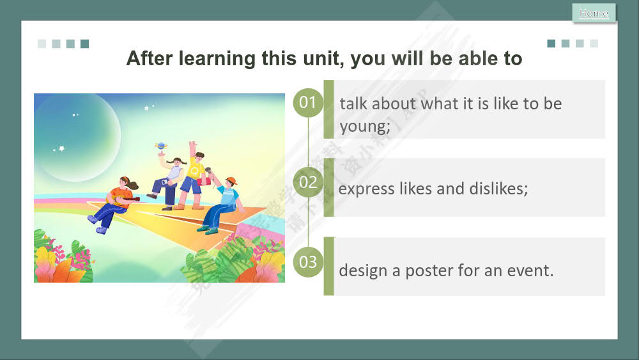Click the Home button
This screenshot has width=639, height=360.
pos(594,13)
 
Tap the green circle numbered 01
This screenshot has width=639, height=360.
pos(308,102)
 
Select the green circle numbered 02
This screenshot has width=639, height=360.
pos(308,182)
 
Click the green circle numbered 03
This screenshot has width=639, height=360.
pos(308,262)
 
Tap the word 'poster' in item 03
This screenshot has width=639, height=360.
pos(429,270)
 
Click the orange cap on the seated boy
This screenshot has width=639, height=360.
pos(230,180)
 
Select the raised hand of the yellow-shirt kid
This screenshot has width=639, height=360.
pos(192,145)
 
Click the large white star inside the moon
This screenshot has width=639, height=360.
pos(61,148)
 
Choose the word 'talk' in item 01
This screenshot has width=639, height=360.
pos(354,104)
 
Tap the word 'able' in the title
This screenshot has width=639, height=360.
pos(463,59)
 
